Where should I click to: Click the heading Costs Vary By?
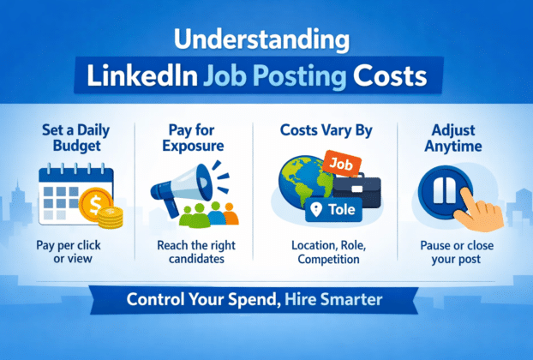[x=322, y=132]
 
